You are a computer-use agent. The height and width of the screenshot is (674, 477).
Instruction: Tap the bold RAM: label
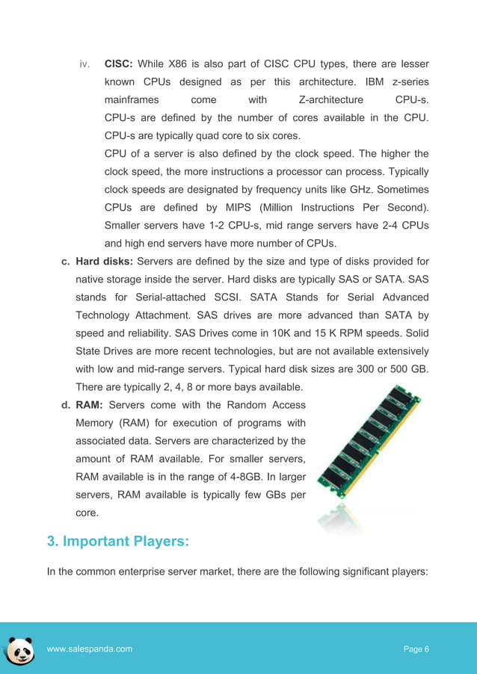pyautogui.click(x=93, y=405)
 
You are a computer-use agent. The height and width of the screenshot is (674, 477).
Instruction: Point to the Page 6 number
pyautogui.click(x=416, y=649)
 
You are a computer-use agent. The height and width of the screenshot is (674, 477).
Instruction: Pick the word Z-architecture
pyautogui.click(x=325, y=99)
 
